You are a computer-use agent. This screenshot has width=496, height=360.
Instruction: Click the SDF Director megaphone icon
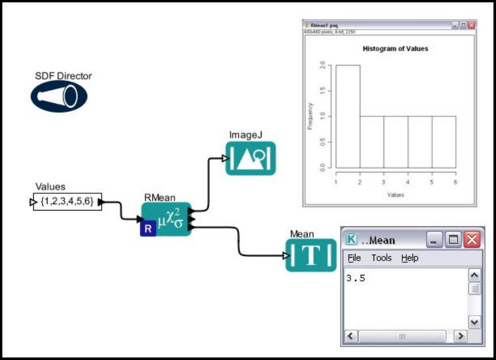[59, 96]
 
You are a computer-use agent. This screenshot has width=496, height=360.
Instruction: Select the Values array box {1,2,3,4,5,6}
[67, 202]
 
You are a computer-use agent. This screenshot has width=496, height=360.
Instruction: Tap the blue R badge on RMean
[148, 229]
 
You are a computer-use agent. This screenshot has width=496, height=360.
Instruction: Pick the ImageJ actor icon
[251, 158]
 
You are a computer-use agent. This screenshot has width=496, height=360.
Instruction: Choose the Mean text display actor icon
[311, 255]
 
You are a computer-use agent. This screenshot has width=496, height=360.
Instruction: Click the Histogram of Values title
[395, 49]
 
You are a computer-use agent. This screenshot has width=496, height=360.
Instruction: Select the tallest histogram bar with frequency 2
[348, 118]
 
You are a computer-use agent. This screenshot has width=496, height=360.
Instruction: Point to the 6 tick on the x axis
[456, 182]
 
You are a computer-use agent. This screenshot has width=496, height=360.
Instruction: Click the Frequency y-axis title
[310, 116]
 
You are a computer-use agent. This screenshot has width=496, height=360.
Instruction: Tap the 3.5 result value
[356, 279]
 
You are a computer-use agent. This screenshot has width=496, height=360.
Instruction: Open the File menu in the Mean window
[354, 258]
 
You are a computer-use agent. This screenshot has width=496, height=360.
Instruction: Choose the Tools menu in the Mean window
[382, 258]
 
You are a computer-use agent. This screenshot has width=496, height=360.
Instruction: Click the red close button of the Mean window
[472, 239]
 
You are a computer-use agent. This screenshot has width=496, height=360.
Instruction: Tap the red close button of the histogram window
[471, 26]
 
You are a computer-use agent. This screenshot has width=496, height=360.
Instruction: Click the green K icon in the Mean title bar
[352, 239]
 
